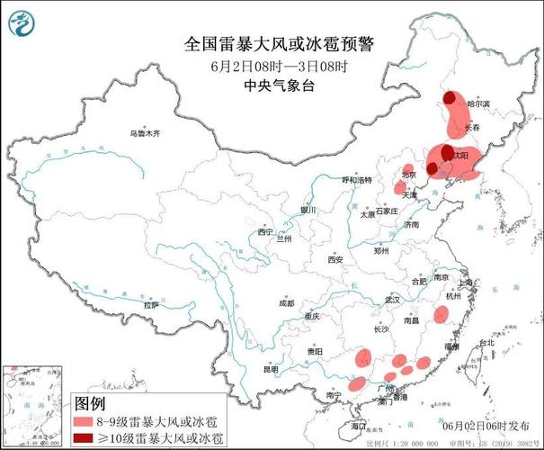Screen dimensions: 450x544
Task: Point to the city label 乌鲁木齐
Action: coord(144,133)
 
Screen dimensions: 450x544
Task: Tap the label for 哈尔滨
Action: coord(478,104)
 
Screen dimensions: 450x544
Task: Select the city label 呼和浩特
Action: coord(355,180)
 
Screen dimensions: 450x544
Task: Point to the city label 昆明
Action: coord(271,369)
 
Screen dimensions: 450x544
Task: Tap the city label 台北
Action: coord(486,343)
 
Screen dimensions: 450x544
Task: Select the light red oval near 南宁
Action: coord(357,383)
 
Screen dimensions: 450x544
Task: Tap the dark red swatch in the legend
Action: coord(84,437)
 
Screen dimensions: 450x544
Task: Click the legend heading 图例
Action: coord(90,402)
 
